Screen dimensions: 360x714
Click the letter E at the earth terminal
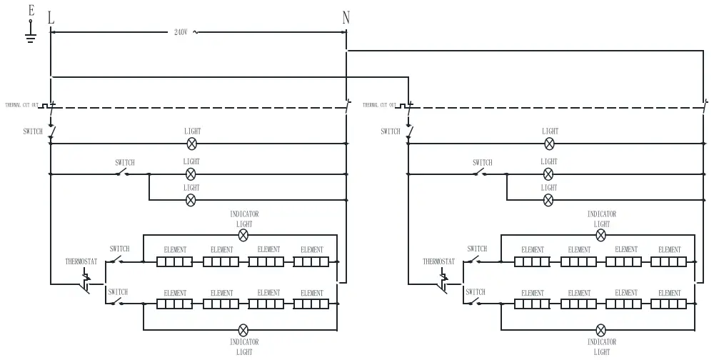[x=30, y=10]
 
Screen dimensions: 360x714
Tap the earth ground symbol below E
[x=30, y=36]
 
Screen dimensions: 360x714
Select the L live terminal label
[x=51, y=18]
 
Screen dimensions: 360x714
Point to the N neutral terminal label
[x=346, y=18]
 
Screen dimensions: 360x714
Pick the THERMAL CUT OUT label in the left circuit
[x=21, y=105]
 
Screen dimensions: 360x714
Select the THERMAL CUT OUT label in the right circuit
[x=379, y=105]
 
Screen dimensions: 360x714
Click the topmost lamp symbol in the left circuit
[x=191, y=144]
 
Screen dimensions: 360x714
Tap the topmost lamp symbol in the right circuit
[x=549, y=144]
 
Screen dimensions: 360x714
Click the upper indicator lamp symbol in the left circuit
[x=243, y=234]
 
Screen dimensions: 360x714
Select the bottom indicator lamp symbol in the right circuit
[x=601, y=330]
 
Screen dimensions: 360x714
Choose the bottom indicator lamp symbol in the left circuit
[x=243, y=330]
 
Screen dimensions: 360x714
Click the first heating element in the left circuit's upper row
[x=175, y=262]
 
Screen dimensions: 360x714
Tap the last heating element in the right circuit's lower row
[x=669, y=304]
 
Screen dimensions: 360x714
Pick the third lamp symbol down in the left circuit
[x=191, y=200]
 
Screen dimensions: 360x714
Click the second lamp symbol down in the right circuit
[x=549, y=174]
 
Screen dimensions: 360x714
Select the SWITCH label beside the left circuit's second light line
[x=125, y=163]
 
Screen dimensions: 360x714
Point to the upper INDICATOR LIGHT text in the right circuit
[x=602, y=219]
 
